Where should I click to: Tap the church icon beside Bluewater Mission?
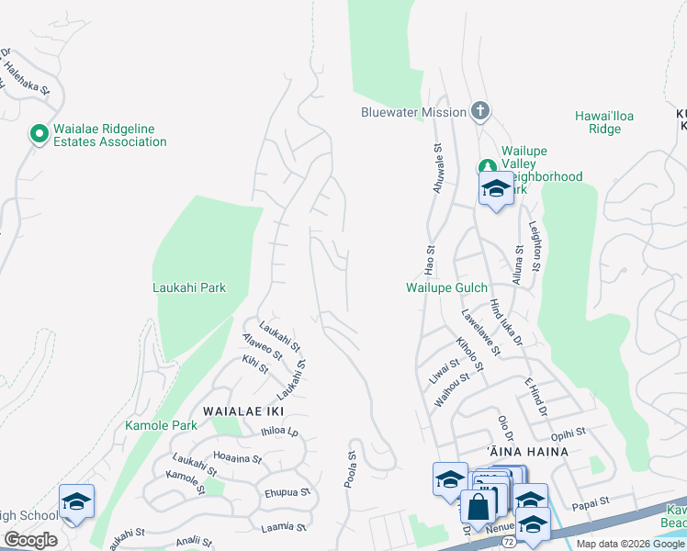(x=479, y=112)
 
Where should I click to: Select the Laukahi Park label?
(x=188, y=287)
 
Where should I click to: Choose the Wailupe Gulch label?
(x=446, y=287)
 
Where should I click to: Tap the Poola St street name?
(x=352, y=469)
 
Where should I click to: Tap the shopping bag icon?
(x=479, y=506)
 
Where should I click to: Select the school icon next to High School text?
(x=77, y=501)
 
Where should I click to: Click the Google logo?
(x=30, y=540)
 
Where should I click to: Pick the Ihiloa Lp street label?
(x=280, y=431)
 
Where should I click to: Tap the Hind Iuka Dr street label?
(x=506, y=322)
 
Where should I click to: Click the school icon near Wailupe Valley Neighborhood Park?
(x=496, y=189)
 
